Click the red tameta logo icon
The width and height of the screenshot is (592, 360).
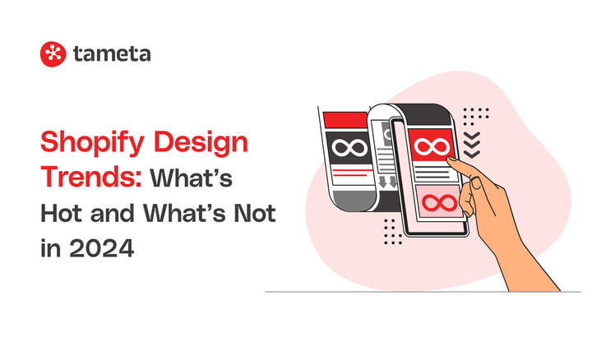click(x=53, y=54)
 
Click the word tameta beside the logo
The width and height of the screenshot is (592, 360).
click(x=111, y=54)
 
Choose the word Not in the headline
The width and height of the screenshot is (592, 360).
click(x=254, y=213)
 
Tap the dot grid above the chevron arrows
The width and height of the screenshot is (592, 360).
click(x=476, y=114)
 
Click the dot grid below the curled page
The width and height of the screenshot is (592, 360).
click(x=393, y=237)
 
